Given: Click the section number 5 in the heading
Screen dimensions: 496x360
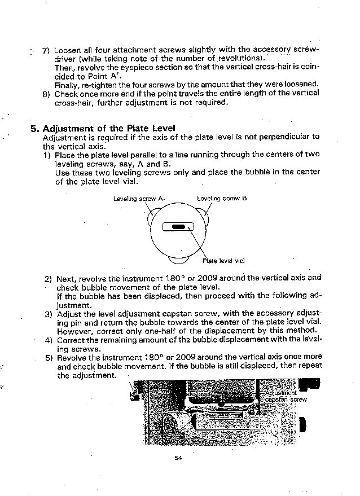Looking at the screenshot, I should click(x=33, y=128).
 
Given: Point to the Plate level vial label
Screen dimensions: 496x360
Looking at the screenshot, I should click(x=224, y=261).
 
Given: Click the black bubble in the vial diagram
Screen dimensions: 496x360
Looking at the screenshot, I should click(x=178, y=227).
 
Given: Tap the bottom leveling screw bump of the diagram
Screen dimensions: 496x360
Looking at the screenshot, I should click(x=179, y=260).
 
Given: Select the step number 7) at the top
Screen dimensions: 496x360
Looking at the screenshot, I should click(x=46, y=50).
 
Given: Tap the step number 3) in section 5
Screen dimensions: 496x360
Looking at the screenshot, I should click(x=48, y=314).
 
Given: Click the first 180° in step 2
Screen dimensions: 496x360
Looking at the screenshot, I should click(x=157, y=278).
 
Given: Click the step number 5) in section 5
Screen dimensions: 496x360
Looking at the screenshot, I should click(x=48, y=357).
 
